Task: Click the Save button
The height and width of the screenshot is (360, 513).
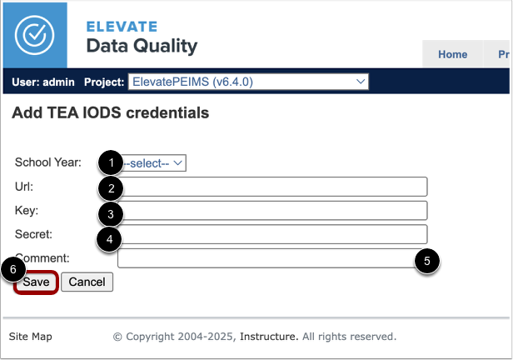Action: [36, 282]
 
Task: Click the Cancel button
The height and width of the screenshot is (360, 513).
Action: [87, 282]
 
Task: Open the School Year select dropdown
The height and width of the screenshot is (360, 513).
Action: [156, 162]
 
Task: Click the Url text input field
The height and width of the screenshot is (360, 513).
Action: [275, 186]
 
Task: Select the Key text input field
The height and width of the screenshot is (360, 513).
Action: [275, 210]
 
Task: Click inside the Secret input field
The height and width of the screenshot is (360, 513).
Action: [275, 234]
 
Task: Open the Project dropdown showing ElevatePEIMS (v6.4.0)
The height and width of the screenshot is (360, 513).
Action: [247, 82]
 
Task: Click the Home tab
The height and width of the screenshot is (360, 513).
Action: [452, 54]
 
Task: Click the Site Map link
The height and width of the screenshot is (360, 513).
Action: [30, 337]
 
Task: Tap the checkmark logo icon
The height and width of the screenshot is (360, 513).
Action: [34, 34]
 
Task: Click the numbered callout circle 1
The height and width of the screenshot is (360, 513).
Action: [111, 162]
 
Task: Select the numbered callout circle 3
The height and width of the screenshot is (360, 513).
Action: [111, 214]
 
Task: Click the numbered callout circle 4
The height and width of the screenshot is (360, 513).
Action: [111, 241]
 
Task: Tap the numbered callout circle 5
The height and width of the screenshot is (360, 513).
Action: [427, 261]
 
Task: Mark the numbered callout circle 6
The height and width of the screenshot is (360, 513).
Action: [12, 271]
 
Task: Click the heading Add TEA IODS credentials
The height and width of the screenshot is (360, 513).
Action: [110, 112]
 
